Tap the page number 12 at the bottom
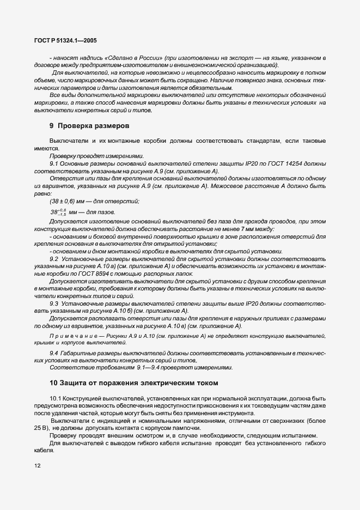coord(38,466)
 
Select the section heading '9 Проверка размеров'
coord(89,125)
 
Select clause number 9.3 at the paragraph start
coord(55,303)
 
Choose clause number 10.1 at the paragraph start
coord(57,399)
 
